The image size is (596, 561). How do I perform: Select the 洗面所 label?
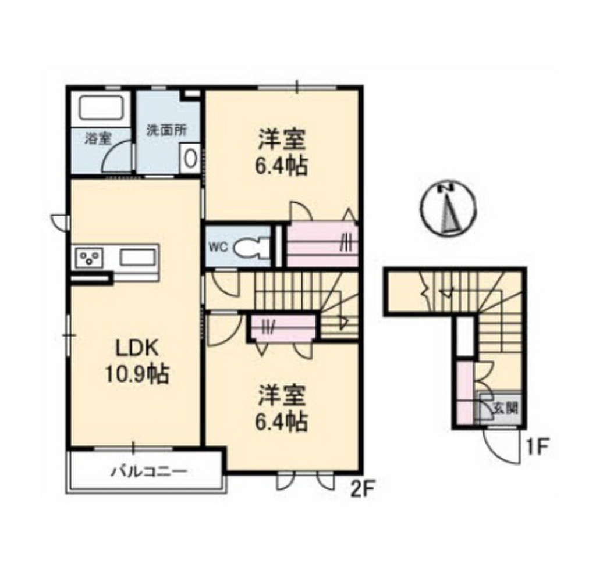(166, 130)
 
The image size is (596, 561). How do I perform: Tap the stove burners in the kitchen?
(89, 256)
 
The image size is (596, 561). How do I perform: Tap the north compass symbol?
(448, 208)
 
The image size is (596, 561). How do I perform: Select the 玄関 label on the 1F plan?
(504, 407)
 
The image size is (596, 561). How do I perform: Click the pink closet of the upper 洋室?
(322, 244)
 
